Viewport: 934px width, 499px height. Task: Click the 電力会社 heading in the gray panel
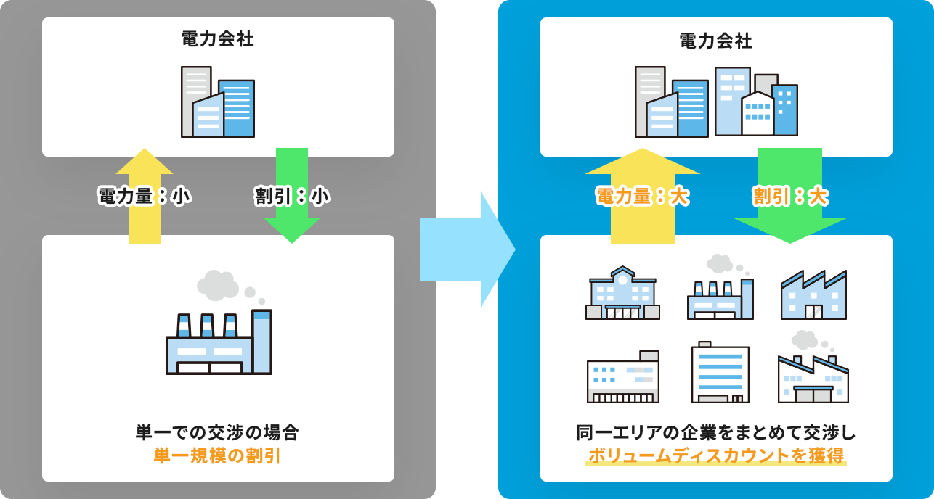point(217,39)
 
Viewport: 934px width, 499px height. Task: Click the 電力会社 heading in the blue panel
point(715,41)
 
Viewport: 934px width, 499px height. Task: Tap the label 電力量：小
point(144,196)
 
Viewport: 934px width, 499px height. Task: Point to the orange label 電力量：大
point(642,196)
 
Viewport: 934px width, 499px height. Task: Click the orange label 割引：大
point(790,196)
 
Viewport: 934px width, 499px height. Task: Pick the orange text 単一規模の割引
point(217,456)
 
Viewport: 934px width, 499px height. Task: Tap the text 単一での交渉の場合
point(217,433)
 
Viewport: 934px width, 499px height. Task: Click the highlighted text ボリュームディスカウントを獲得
point(715,456)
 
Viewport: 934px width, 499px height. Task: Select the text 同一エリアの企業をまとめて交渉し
point(715,433)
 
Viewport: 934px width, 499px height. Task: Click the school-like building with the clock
point(622,293)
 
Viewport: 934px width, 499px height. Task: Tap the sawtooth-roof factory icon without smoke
point(813,295)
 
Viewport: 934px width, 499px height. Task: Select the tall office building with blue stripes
point(720,373)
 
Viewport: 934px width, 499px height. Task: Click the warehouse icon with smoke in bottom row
point(813,377)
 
